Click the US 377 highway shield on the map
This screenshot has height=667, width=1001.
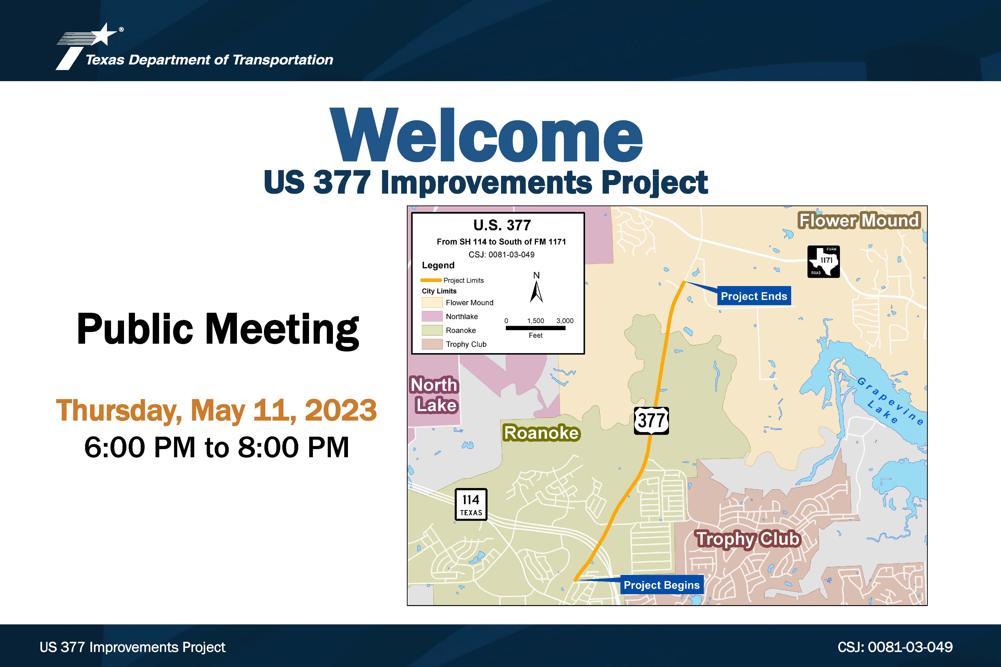coord(651,420)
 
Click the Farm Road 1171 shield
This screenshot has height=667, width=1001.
coord(824,262)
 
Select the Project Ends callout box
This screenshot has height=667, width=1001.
coord(754,296)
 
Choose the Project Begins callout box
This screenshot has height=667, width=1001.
coord(661,585)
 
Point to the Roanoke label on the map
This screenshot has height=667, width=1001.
coord(541,433)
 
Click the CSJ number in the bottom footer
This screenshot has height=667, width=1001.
coord(895,647)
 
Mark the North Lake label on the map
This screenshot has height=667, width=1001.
coord(434,395)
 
